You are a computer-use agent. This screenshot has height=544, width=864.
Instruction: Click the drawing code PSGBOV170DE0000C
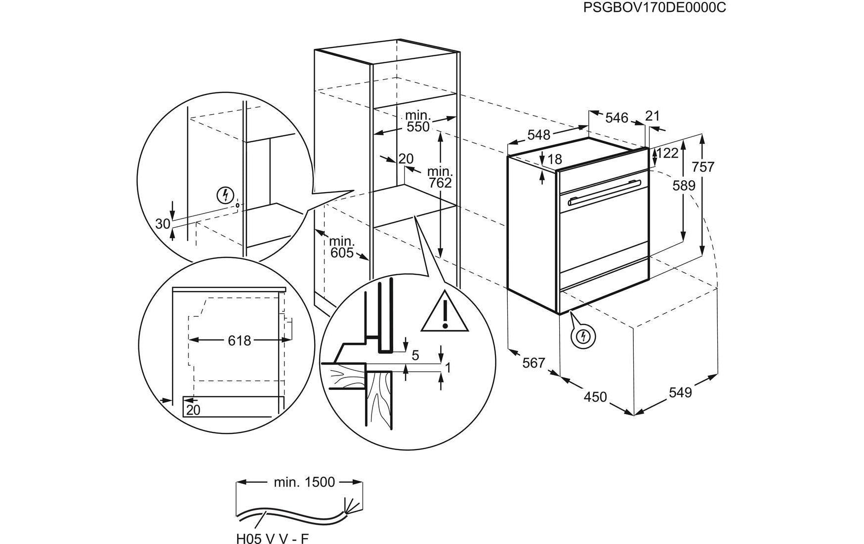pos(655,8)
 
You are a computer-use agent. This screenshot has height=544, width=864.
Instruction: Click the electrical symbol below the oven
pos(583,336)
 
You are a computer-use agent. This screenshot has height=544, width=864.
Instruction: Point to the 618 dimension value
pos(240,340)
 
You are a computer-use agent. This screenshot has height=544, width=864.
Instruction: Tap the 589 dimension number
pos(684,186)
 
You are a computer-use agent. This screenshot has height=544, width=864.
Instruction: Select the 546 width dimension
pos(617,118)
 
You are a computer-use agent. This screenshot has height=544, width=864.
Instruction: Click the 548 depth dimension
pos(538,134)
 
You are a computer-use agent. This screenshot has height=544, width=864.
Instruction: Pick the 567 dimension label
pos(534,363)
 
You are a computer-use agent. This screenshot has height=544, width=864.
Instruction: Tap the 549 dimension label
pos(680,392)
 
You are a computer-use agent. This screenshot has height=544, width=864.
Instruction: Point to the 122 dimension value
pos(668,153)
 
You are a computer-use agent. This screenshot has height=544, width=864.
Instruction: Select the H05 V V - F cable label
pos(272,538)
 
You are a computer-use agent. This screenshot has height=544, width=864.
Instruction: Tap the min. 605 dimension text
pos(342,247)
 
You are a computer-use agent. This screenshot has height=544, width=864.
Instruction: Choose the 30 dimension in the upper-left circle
pos(163,224)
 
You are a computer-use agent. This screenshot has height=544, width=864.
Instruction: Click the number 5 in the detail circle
pos(415,355)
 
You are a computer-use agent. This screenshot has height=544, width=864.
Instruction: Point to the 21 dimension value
pos(653,116)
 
